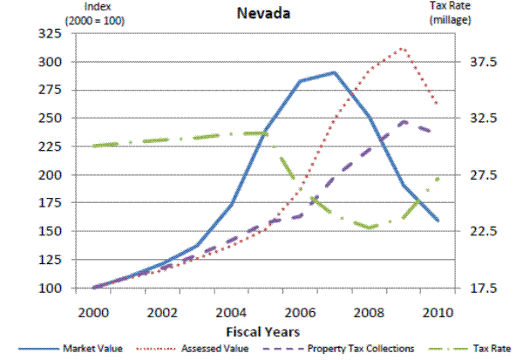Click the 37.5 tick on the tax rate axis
483,62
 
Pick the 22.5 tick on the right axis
483,231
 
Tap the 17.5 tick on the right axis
483,288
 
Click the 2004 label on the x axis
231,312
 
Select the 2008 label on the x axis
369,312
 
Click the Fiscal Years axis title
263,331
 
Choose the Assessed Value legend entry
214,349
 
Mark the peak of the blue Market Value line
334,72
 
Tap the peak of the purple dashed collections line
403,122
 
